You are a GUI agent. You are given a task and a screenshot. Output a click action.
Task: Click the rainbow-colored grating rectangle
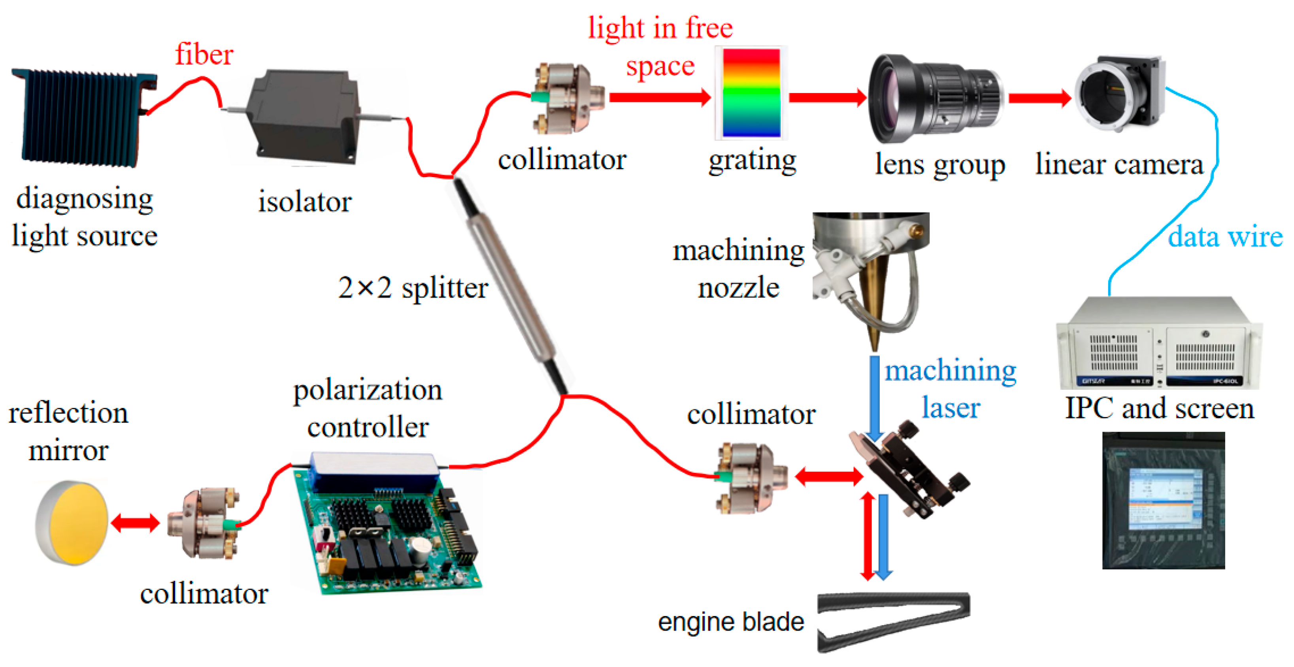(751, 93)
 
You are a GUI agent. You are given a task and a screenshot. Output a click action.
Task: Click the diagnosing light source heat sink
(80, 118)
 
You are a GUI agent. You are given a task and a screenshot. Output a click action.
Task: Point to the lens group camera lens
(934, 98)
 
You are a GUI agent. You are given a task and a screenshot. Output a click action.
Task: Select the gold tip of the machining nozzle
(874, 322)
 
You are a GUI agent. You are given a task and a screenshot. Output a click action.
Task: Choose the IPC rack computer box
(1158, 344)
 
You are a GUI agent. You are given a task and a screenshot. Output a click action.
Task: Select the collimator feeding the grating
(565, 98)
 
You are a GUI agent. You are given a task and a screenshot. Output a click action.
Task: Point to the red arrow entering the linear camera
(1040, 98)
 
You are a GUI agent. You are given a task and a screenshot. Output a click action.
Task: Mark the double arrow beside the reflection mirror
(135, 523)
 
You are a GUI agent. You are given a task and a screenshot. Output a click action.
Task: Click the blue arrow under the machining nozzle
(874, 397)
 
